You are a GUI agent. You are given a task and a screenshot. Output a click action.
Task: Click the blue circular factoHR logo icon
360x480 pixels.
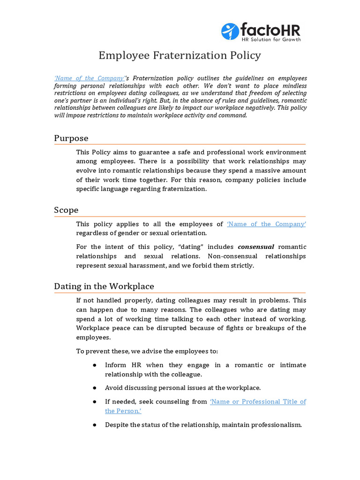pos(230,31)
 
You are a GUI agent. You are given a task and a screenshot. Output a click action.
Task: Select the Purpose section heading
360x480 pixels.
pos(71,138)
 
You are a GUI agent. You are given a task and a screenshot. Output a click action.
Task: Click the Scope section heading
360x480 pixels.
pos(66,210)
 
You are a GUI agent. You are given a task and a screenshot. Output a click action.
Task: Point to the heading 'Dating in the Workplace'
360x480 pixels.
pos(104,286)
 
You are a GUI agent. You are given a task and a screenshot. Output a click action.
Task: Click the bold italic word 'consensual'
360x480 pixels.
pos(256,247)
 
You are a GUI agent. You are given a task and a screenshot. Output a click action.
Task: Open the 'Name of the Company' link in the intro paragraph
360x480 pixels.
pos(90,78)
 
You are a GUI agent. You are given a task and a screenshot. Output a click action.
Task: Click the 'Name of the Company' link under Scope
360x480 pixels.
pos(266,224)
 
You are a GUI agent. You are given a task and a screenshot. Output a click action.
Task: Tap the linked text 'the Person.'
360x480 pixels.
pos(123,411)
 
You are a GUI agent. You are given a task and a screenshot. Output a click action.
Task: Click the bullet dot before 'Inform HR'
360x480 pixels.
pos(95,365)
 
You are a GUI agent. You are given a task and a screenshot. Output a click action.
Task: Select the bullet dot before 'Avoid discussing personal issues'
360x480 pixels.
pos(95,388)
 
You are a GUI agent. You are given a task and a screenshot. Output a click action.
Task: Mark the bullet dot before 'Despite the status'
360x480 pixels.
pos(95,425)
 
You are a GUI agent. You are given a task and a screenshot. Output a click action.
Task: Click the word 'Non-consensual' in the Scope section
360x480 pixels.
pos(230,256)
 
